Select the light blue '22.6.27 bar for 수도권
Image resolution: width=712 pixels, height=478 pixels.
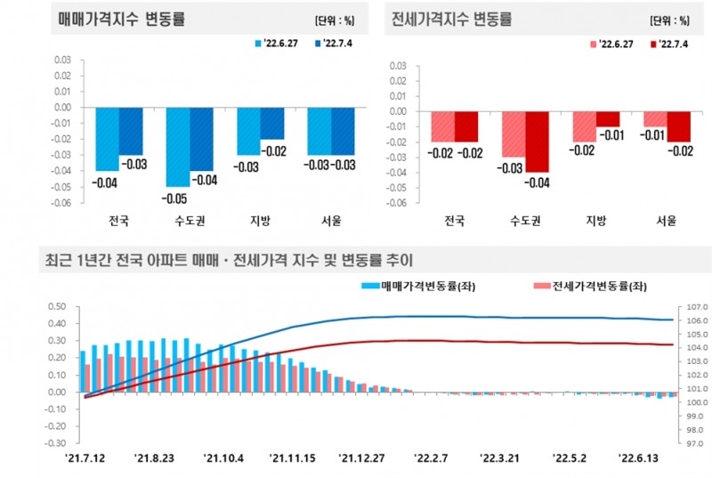(177, 147)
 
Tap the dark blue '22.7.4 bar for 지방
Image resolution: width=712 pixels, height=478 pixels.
(272, 123)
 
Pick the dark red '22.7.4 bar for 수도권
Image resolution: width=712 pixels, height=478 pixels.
(537, 142)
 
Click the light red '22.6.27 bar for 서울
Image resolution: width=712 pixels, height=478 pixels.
(655, 119)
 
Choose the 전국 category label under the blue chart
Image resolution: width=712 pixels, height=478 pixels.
(118, 219)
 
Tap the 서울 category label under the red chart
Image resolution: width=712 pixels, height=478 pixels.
(666, 220)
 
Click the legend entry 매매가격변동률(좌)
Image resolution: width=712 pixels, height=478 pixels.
(417, 286)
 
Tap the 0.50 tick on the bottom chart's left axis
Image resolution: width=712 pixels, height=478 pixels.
(56, 307)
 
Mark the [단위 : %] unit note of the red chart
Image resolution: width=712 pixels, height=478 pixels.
(669, 20)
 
